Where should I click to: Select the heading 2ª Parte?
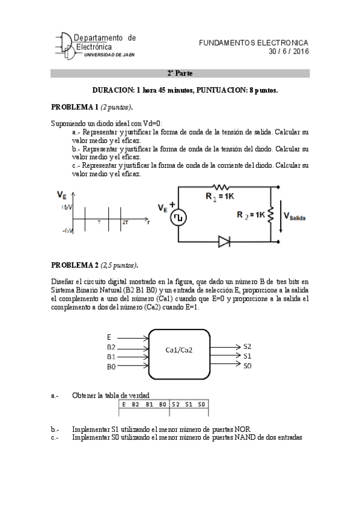pyautogui.click(x=179, y=73)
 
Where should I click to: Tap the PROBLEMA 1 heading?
pyautogui.click(x=75, y=107)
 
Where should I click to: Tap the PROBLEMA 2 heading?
pyautogui.click(x=75, y=265)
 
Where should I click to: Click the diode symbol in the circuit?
pyautogui.click(x=225, y=242)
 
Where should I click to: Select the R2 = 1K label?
pyautogui.click(x=250, y=215)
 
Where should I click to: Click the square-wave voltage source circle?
pyautogui.click(x=178, y=218)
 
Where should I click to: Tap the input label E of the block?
pyautogui.click(x=109, y=337)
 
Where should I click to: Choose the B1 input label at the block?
pyautogui.click(x=111, y=357)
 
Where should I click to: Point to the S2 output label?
pyautogui.click(x=248, y=346)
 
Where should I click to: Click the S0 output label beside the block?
pyautogui.click(x=248, y=365)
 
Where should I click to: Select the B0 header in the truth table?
pyautogui.click(x=162, y=404)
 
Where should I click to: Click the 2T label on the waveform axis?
pyautogui.click(x=125, y=223)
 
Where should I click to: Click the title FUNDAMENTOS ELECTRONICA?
pyautogui.click(x=253, y=43)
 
